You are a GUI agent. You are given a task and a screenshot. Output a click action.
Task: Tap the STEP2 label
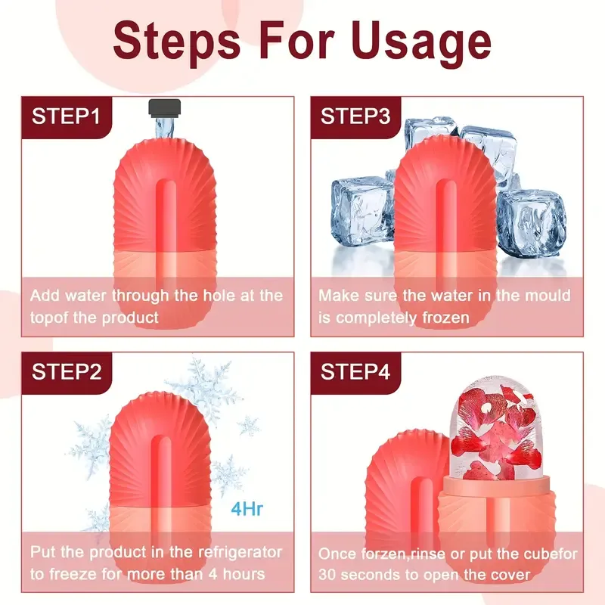click(x=66, y=371)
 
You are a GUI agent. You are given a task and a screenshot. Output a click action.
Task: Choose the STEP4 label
click(x=355, y=371)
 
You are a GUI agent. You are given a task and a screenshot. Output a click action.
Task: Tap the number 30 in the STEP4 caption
click(x=330, y=574)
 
